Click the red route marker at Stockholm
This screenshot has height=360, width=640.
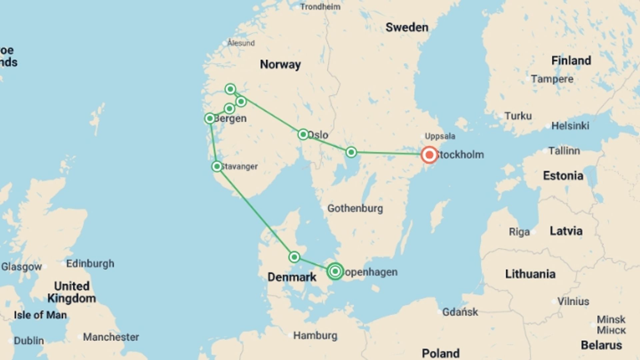click(429, 155)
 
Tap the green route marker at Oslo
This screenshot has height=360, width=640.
click(303, 134)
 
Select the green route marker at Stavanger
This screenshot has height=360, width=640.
click(217, 166)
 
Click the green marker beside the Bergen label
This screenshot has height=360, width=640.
click(210, 118)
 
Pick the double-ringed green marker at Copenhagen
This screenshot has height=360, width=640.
click(335, 271)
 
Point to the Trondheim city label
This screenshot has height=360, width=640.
click(320, 7)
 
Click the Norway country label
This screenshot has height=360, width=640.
click(280, 64)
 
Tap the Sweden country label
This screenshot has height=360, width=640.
click(407, 27)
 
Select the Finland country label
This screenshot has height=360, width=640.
click(571, 61)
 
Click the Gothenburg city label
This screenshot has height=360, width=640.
click(355, 208)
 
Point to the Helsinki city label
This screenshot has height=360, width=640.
click(570, 126)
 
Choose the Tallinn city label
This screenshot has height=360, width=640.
click(564, 151)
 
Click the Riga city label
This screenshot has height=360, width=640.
click(519, 232)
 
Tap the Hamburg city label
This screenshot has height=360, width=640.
click(315, 335)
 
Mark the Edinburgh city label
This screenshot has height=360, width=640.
click(90, 264)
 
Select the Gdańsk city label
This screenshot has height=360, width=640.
click(460, 312)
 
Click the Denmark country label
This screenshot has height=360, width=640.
click(292, 277)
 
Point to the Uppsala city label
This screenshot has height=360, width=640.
click(440, 136)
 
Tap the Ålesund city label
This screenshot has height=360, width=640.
click(241, 43)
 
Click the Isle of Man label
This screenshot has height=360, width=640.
click(40, 315)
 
